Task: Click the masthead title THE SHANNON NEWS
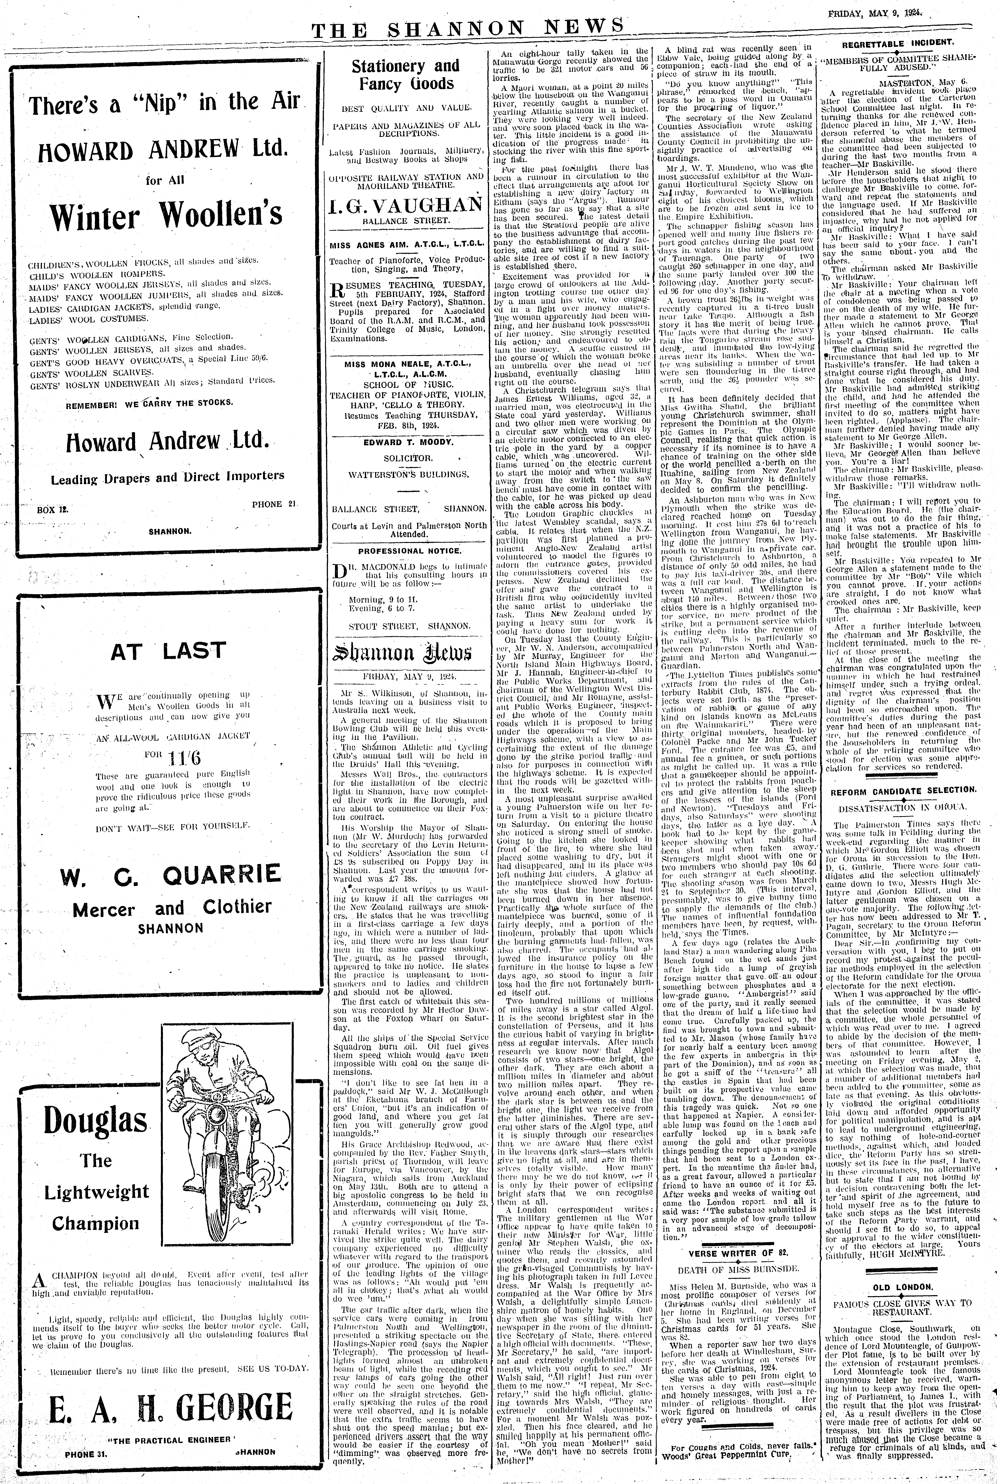click(x=467, y=28)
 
